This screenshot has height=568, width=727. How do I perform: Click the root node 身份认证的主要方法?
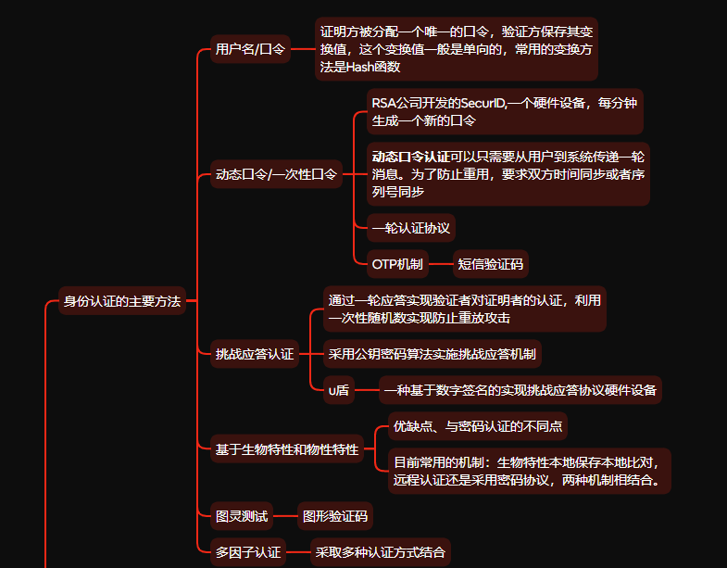tap(121, 301)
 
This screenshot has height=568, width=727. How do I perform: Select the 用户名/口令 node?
tap(250, 48)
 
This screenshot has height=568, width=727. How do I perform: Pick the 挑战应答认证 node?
tap(255, 353)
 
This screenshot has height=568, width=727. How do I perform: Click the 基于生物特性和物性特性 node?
tap(286, 449)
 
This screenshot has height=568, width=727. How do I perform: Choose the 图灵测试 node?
tap(242, 515)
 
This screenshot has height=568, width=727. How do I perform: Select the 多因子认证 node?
tap(248, 552)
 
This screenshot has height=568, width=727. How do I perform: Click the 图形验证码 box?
tap(335, 515)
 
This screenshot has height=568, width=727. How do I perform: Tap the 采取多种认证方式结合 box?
tap(380, 552)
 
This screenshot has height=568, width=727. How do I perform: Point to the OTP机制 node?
tap(397, 264)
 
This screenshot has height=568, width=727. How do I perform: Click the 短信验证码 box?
tap(491, 264)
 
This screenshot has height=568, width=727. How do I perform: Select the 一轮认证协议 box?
tap(410, 227)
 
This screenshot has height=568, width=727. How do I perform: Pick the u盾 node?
tap(339, 390)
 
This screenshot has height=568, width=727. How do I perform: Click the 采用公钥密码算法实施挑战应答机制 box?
tap(432, 353)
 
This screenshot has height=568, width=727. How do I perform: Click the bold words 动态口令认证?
tap(410, 155)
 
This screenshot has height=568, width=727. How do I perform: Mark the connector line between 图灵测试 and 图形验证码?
tap(286, 515)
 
